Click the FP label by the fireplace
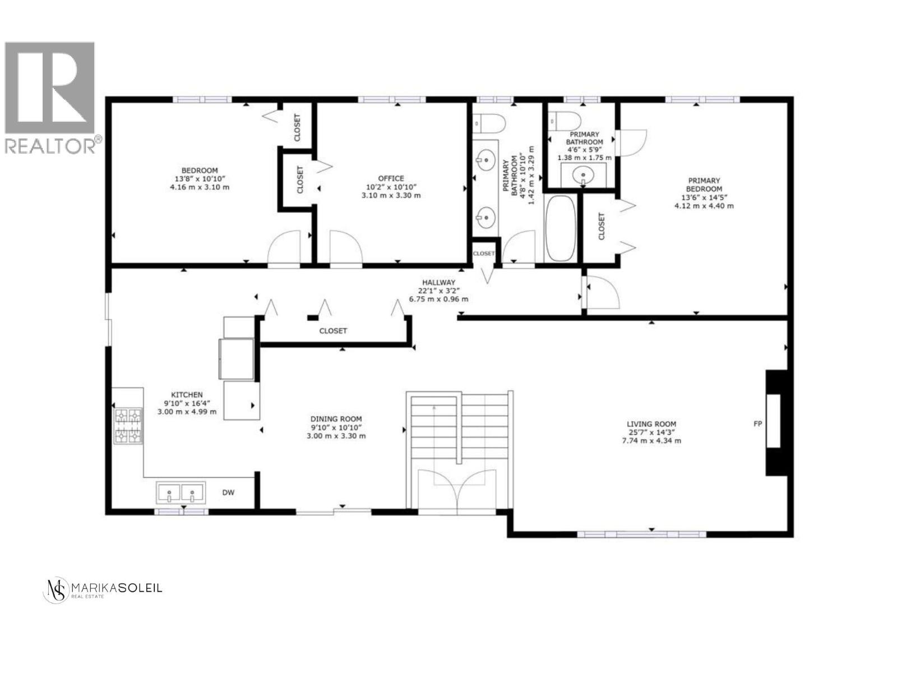757,424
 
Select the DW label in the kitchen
228,493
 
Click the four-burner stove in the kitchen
128,426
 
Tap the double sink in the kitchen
181,494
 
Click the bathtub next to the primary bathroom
561,228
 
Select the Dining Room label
336,419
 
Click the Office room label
391,178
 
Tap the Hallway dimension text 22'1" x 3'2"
438,291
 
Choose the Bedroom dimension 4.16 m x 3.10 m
199,187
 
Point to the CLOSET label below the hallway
333,331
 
